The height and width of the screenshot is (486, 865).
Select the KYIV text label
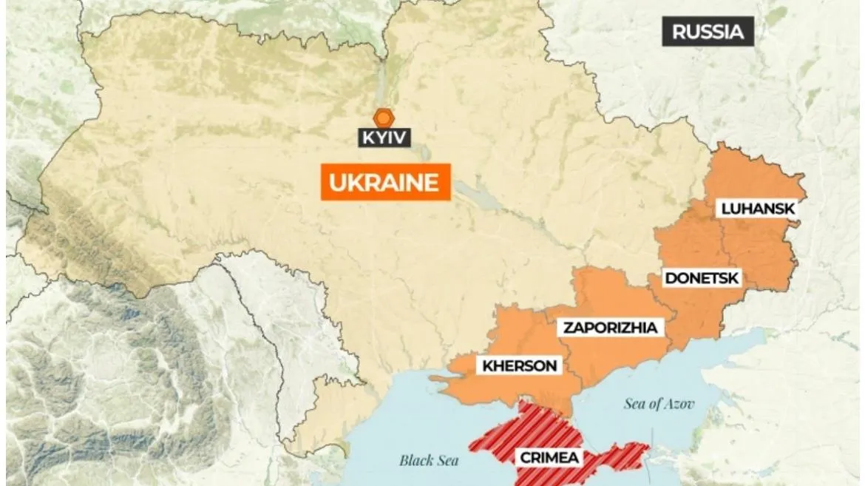(384, 138)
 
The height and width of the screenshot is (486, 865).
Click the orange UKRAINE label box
(384, 183)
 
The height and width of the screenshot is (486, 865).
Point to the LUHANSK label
(758, 209)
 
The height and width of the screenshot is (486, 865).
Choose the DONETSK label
(702, 278)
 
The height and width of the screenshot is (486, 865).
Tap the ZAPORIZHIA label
(609, 328)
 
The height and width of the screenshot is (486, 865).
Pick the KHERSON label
(520, 365)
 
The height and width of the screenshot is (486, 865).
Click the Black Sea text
(429, 460)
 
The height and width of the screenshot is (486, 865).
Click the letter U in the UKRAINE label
(336, 183)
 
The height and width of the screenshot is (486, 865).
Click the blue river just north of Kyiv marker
(381, 81)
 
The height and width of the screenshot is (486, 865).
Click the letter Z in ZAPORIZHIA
(568, 328)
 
